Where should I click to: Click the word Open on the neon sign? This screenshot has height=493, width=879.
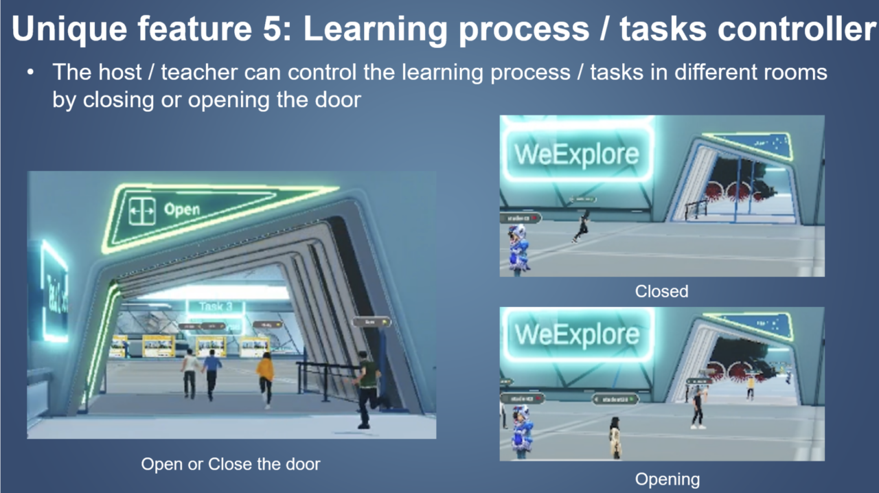click(x=181, y=209)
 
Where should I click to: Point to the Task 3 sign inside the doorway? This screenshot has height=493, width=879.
click(x=215, y=307)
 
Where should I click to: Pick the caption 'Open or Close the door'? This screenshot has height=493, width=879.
click(x=231, y=464)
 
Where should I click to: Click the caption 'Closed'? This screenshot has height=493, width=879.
click(x=661, y=291)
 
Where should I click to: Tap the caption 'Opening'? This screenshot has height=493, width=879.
click(x=667, y=479)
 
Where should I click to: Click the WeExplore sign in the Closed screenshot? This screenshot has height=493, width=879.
click(x=577, y=154)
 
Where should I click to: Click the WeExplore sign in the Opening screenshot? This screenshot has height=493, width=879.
click(x=577, y=335)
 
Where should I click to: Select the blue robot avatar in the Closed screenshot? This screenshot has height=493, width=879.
click(x=518, y=249)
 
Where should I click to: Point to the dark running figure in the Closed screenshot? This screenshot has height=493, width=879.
click(x=582, y=227)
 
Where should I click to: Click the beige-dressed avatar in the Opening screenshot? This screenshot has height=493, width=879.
click(x=615, y=437)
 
